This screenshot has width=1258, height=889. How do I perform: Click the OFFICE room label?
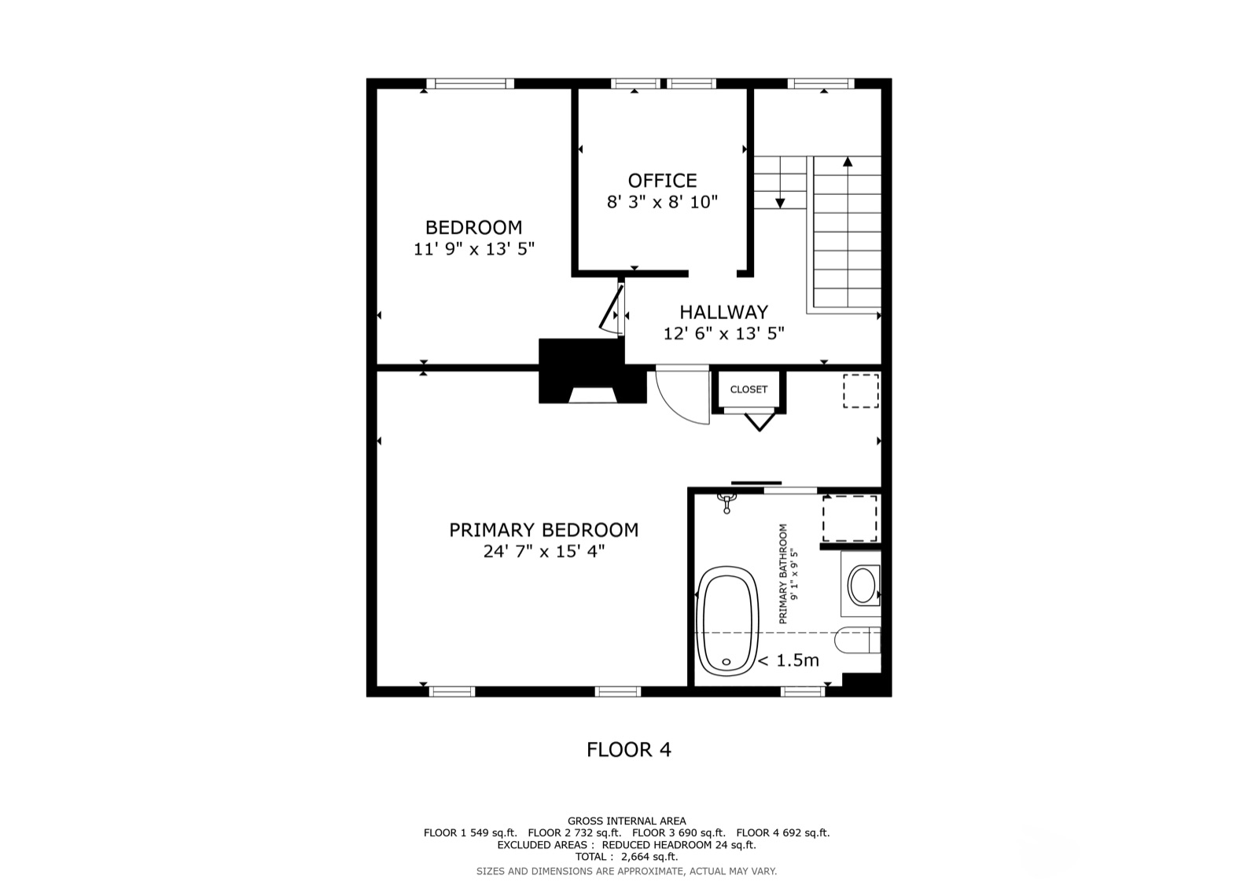point(662,180)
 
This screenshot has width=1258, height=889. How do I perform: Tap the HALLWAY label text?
point(724,312)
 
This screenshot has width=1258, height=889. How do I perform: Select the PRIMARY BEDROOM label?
point(543,530)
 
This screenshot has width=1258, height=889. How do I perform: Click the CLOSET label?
point(749,389)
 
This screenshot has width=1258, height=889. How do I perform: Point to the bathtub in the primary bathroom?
point(726,620)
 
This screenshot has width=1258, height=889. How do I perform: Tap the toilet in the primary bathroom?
point(858,640)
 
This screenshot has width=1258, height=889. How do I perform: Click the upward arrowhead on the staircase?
point(848,162)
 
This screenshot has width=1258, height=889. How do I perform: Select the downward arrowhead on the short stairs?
point(780,203)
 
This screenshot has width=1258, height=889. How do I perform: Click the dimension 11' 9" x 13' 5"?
point(474,249)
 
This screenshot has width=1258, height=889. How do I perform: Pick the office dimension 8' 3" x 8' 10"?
point(662,201)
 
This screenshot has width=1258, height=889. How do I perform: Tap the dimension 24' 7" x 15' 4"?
point(543,552)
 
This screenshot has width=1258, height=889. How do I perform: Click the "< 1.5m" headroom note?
point(789,660)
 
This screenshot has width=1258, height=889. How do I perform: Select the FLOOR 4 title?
point(629,749)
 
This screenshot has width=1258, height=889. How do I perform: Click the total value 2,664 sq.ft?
point(649,857)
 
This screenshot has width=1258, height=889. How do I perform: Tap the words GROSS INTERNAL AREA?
point(627,821)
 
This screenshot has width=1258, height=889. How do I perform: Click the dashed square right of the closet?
point(861,391)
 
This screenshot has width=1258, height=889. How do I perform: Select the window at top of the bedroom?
point(470,83)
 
